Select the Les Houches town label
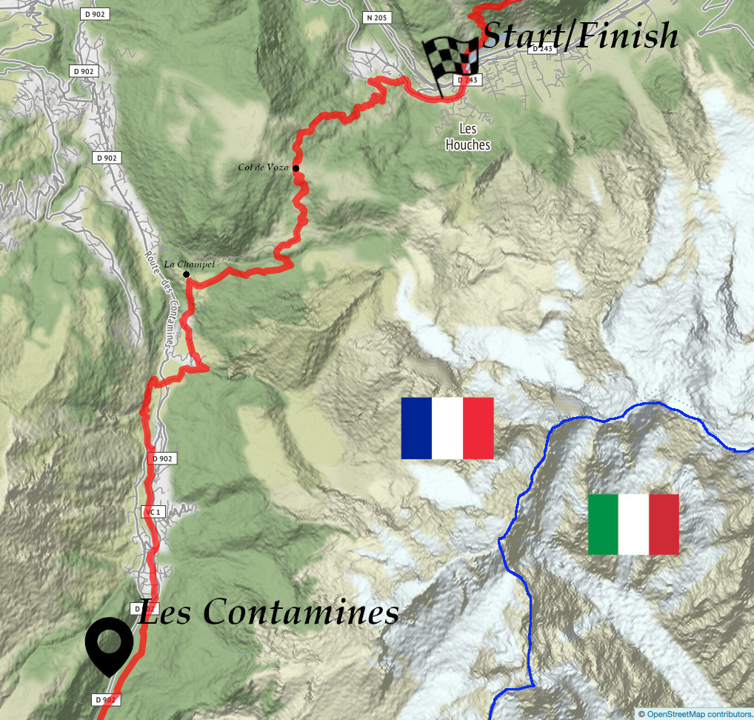point(467,137)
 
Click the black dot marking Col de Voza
point(296,168)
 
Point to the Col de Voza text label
point(263,167)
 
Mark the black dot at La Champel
point(186,275)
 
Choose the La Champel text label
point(190,264)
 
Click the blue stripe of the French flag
point(416,428)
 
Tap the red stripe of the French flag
point(478,428)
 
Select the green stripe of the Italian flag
point(603,524)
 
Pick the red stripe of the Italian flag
point(664,524)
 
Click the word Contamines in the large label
point(301,612)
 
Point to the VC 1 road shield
point(151,512)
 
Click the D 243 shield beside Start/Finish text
point(542,49)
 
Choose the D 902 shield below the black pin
point(106,699)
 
